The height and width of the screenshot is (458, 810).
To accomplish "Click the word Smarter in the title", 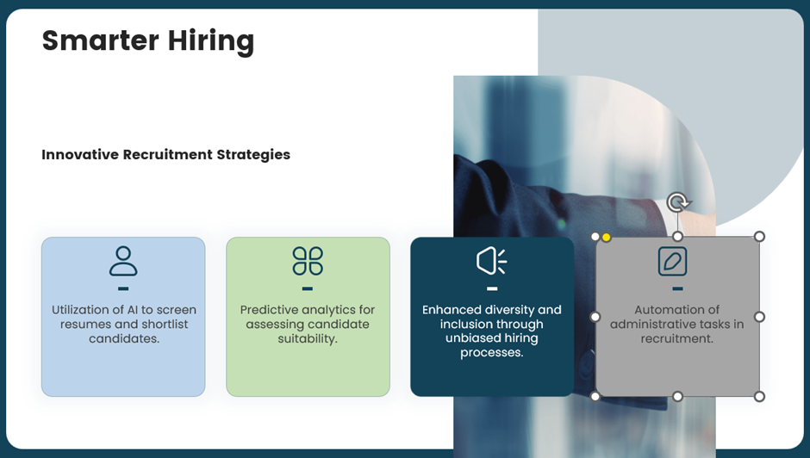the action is (100, 40).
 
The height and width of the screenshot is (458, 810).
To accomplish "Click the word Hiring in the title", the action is (211, 41).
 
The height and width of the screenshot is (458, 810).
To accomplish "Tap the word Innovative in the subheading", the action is (80, 154).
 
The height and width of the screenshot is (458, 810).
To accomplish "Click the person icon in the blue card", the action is (123, 261).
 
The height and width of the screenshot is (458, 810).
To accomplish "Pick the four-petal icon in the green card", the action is (308, 261).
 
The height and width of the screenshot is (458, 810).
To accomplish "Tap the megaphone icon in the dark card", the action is (492, 261).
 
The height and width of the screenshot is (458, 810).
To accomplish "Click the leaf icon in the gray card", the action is (673, 261).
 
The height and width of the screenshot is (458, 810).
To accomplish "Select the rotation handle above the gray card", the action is (678, 202).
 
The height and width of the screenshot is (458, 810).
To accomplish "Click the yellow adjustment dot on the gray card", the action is (607, 237).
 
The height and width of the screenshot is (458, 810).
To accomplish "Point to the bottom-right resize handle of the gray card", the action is (759, 397).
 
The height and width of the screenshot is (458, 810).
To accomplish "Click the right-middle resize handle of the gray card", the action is (759, 317).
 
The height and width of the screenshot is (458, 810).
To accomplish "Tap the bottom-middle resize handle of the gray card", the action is (678, 397).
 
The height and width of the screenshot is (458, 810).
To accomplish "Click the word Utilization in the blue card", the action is (80, 310).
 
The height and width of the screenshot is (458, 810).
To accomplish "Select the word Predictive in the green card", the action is (265, 310).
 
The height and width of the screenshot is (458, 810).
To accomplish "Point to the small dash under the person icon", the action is (123, 288).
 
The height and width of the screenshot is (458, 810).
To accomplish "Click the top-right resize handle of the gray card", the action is (759, 237).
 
